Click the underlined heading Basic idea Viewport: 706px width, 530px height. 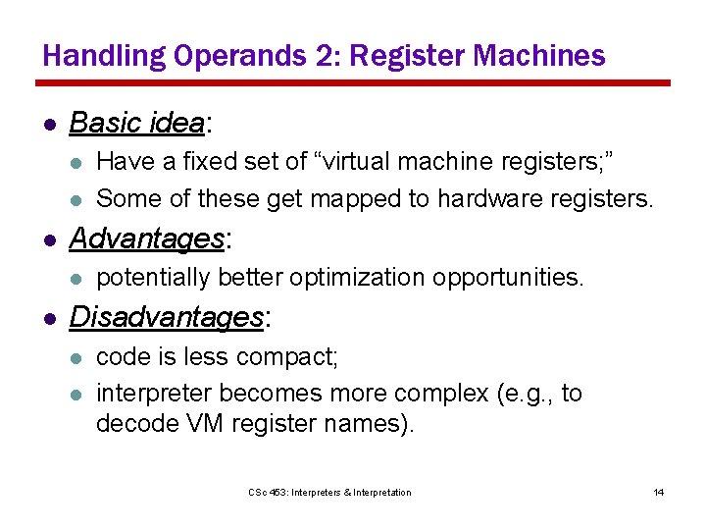[136, 124]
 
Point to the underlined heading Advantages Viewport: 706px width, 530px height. [146, 238]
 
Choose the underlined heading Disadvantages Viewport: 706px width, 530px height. [166, 317]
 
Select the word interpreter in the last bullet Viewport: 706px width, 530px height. [154, 394]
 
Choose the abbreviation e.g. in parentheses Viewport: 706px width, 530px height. [528, 394]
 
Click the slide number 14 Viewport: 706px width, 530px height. [658, 492]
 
